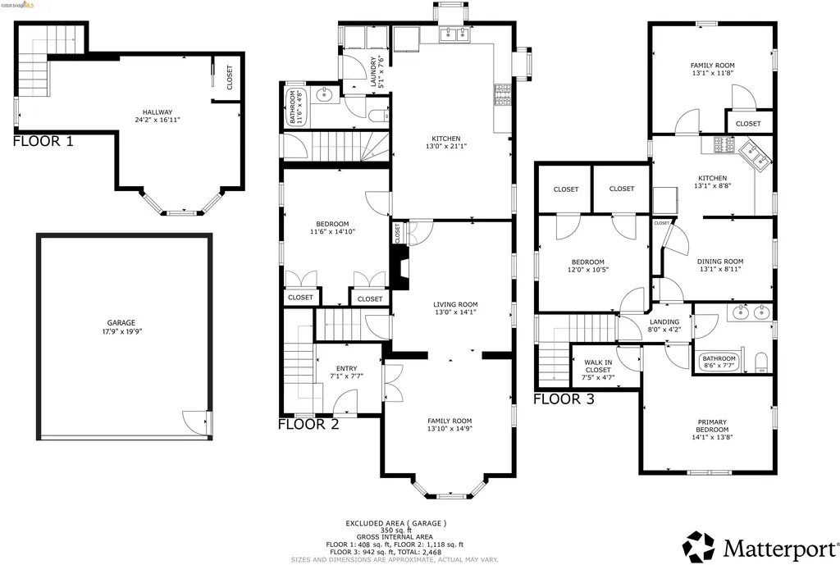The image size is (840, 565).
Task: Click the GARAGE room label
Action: click(x=121, y=323)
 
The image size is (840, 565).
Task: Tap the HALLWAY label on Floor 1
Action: click(x=157, y=112)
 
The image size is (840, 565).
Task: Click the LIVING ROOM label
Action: click(x=455, y=305)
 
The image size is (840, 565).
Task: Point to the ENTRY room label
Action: click(x=347, y=368)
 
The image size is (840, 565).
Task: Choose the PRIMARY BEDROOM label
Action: click(x=712, y=426)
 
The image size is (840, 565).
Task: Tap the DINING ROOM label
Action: click(x=720, y=262)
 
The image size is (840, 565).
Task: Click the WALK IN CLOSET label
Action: click(x=598, y=367)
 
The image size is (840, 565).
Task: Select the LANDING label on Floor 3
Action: click(x=664, y=322)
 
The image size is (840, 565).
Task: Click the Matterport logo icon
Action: click(x=699, y=547)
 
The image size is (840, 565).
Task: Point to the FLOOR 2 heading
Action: click(x=308, y=424)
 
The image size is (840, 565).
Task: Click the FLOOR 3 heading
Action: click(x=564, y=399)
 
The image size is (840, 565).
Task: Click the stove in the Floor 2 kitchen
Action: click(x=503, y=95)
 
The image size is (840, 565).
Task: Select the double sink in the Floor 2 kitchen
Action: click(x=454, y=34)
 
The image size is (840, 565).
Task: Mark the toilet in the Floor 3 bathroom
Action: click(x=761, y=363)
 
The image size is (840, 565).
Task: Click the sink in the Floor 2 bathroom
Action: click(x=324, y=96)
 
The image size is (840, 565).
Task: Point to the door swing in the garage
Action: click(x=195, y=421)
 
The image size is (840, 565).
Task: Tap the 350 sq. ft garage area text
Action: click(x=396, y=531)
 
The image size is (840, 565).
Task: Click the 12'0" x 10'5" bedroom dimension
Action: click(x=587, y=270)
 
